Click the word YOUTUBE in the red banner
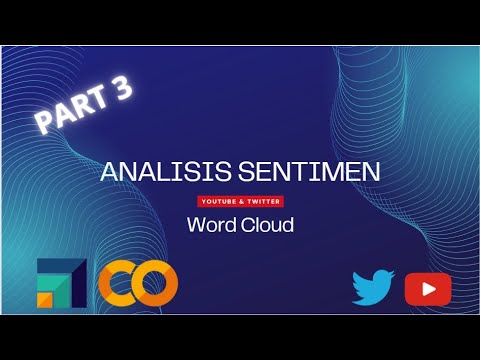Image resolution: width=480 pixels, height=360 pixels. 220,200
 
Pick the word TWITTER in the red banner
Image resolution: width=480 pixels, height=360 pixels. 263,200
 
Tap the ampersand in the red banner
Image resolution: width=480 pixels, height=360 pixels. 240,200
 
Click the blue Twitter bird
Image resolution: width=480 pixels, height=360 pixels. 373,288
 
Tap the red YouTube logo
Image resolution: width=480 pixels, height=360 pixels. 428,289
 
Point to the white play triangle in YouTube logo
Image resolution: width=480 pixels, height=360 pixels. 429,289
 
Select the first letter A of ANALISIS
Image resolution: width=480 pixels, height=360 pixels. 109,172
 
